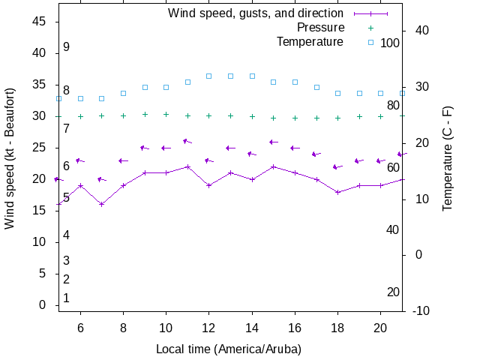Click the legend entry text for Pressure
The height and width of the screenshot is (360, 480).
320,28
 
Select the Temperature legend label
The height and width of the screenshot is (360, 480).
310,41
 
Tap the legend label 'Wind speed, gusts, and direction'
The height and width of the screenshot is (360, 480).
255,13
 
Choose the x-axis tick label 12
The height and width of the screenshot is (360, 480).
209,328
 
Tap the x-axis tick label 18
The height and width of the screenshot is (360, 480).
337,328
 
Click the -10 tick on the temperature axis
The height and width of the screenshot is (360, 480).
421,310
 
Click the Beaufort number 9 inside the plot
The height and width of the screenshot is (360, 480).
66,47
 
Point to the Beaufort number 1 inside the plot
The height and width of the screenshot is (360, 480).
66,298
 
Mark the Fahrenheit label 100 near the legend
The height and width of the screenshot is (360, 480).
390,43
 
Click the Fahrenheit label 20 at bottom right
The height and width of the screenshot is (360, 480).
393,292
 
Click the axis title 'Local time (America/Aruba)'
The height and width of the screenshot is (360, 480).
228,349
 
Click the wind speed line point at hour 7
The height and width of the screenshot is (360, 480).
102,204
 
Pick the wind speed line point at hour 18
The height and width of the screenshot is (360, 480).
337,192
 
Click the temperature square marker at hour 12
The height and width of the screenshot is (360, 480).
209,76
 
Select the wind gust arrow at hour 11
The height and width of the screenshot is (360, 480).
187,141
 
